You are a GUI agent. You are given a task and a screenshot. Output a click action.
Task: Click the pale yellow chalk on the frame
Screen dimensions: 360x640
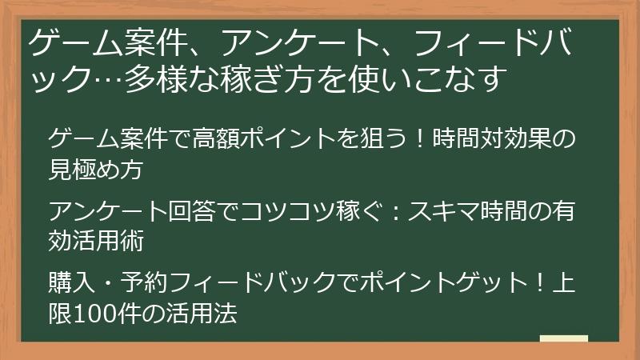563,338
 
